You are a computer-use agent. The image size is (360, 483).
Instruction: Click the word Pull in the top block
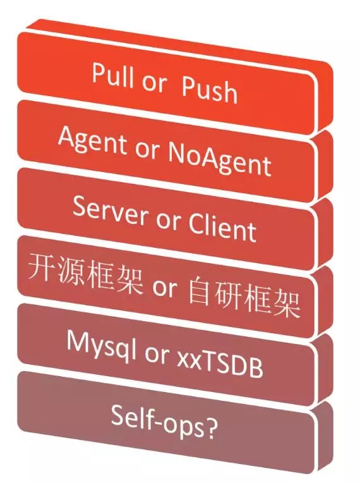pyautogui.click(x=113, y=75)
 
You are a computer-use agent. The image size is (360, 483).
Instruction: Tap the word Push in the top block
pyautogui.click(x=210, y=90)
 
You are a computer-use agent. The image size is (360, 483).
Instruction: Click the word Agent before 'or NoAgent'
pyautogui.click(x=92, y=141)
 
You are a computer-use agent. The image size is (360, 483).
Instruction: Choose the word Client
pyautogui.click(x=222, y=227)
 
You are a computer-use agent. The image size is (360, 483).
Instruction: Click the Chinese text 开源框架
pyautogui.click(x=86, y=273)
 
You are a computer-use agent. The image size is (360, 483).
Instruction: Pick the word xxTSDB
pyautogui.click(x=220, y=364)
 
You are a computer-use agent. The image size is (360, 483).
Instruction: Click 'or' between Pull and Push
pyautogui.click(x=154, y=83)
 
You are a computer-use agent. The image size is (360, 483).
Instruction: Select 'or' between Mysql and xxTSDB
pyautogui.click(x=157, y=355)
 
